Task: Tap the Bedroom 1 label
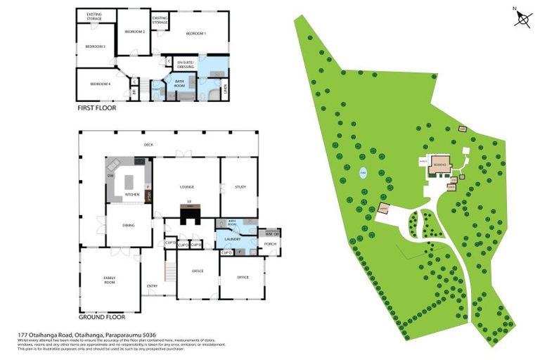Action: [196, 34]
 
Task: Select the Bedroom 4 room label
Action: [101, 84]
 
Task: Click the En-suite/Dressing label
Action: [186, 64]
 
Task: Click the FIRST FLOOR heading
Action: [97, 108]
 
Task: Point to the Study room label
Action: [240, 187]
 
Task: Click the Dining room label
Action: [129, 225]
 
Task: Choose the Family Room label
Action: [110, 280]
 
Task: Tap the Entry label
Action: [152, 285]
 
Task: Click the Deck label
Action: [148, 145]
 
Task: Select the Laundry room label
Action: [233, 238]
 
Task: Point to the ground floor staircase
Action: [169, 270]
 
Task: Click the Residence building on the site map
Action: [440, 164]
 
